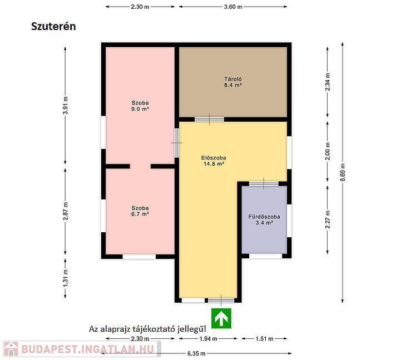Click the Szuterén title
53,26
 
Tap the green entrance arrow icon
221,318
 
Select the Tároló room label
233,79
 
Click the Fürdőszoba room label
264,217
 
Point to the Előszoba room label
214,158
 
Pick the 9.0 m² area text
140,109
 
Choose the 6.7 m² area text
140,214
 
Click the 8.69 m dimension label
343,172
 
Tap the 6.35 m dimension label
196,353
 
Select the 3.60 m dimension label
233,7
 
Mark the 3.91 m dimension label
66,105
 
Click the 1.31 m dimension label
66,278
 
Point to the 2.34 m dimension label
328,82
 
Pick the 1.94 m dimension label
208,338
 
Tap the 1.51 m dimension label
264,338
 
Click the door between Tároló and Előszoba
209,119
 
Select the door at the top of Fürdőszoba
264,184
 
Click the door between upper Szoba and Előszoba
177,143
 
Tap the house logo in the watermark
11,349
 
